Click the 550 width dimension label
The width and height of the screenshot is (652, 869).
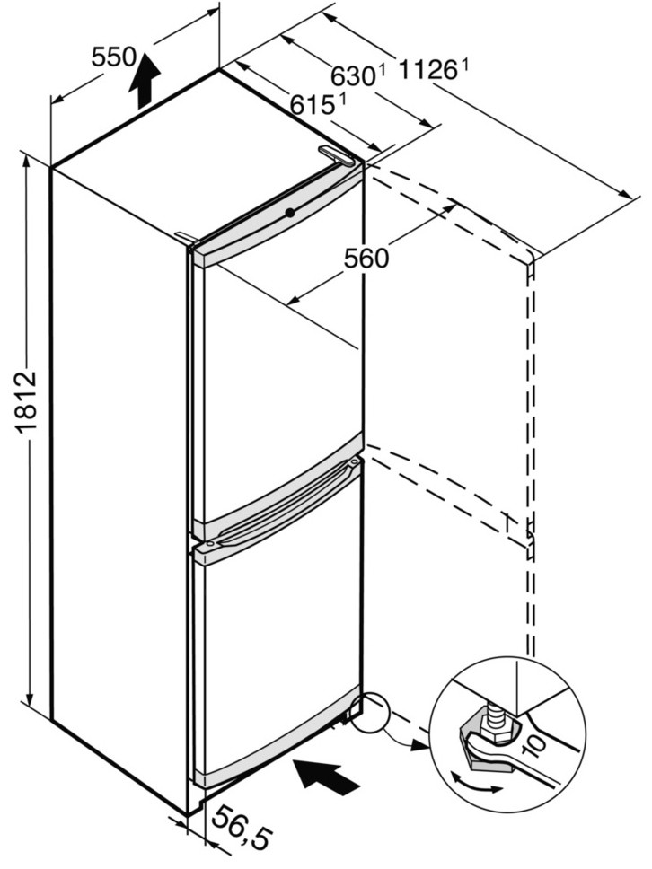[114, 57]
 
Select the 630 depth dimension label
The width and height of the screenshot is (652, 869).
[354, 76]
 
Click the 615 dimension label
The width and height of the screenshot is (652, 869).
[314, 104]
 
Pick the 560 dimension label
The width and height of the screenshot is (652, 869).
[366, 258]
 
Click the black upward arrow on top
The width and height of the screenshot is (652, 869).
[145, 81]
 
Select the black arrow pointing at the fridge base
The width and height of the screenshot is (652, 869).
[326, 777]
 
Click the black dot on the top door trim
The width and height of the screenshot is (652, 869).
[289, 212]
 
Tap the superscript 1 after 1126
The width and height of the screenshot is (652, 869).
[464, 66]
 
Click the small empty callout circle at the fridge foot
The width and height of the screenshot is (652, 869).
[371, 714]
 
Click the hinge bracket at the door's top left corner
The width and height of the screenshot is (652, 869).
[186, 237]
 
